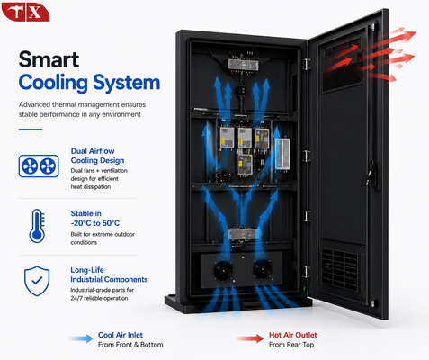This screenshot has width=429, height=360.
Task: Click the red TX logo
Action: click(x=25, y=12)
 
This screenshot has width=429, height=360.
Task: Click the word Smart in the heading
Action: click(x=49, y=59)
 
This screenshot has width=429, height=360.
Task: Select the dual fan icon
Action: click(x=39, y=166)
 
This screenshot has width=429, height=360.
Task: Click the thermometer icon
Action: click(x=37, y=226)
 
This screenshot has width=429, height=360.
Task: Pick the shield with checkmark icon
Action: click(x=37, y=281)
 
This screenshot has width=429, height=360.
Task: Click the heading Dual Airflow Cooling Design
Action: click(x=97, y=156)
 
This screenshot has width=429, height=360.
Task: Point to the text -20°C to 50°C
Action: click(x=95, y=223)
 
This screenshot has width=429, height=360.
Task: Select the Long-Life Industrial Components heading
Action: click(x=109, y=274)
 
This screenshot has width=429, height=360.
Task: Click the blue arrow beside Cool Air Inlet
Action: click(x=81, y=338)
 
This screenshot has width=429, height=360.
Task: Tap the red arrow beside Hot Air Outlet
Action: click(x=250, y=338)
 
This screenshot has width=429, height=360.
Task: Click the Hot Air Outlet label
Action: click(x=293, y=335)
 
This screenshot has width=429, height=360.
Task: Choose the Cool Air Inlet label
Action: click(x=121, y=335)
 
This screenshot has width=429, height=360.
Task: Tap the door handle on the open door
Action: click(x=371, y=175)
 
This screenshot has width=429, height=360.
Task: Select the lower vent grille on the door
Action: click(x=340, y=269)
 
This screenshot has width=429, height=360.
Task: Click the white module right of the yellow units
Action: click(x=282, y=154)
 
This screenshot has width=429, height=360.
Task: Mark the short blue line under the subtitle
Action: click(x=31, y=130)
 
